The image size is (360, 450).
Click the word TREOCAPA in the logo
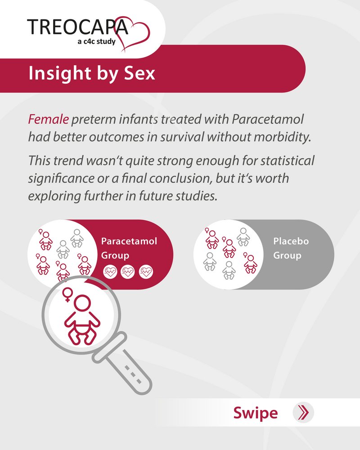point(77,27)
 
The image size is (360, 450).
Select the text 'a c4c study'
point(96,42)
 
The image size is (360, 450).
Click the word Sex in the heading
point(139,73)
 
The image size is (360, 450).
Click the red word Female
point(48,119)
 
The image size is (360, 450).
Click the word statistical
point(287,160)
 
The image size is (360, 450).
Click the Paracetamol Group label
point(129,248)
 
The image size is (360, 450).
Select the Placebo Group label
point(291,248)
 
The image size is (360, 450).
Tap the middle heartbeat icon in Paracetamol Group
point(127,272)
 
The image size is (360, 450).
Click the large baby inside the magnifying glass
point(82,320)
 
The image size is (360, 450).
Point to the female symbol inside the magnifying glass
point(67,294)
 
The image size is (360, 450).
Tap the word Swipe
point(256,413)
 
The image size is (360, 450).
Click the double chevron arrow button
point(303,412)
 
